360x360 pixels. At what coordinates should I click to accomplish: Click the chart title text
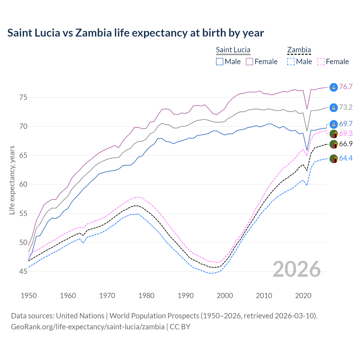pos(136,33)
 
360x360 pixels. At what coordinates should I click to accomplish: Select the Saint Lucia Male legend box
pos(220,62)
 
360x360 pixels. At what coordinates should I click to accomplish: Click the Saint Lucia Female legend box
pos(249,62)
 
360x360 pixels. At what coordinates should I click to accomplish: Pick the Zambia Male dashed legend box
pos(291,62)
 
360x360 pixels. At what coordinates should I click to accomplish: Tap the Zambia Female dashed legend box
pos(321,62)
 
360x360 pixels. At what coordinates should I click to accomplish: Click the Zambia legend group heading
pos(299,50)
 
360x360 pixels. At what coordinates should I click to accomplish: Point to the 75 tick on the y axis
pos(23,98)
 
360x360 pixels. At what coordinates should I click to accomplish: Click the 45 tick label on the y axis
pos(23,271)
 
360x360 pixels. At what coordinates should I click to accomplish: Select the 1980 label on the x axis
pos(147,296)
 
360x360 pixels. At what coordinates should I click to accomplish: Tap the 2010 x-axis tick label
pos(264,296)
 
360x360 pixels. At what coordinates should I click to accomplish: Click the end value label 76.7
pos(346,87)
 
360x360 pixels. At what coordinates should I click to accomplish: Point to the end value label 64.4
pos(346,158)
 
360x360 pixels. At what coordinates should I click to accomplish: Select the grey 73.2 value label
pos(346,107)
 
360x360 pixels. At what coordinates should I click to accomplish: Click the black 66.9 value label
pos(346,144)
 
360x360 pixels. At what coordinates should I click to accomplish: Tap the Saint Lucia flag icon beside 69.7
pos(334,124)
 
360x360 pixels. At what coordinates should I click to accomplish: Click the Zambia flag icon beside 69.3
pos(334,134)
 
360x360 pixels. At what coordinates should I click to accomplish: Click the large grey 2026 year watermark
pos(297,269)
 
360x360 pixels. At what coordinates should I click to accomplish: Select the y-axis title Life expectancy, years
pos(12,180)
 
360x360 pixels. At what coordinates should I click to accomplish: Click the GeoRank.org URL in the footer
pos(88,327)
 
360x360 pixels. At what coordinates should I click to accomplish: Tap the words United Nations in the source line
pos(80,316)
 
